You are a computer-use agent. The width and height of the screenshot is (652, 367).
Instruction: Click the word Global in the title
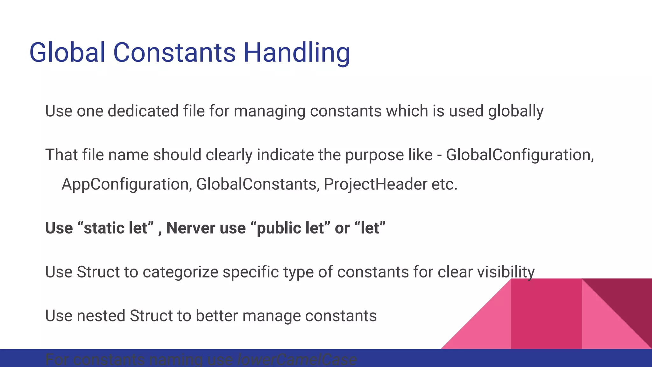(x=67, y=53)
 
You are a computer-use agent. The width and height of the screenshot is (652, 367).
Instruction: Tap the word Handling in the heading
(x=297, y=53)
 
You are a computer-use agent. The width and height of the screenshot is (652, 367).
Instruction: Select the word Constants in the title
(x=174, y=53)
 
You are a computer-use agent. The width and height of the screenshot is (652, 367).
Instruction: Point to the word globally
(x=516, y=112)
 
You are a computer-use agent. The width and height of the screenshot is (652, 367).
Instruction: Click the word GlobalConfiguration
(x=520, y=155)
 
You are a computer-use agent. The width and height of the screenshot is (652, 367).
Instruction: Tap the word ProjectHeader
(x=375, y=184)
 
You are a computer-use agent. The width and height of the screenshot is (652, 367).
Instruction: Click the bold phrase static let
(x=116, y=228)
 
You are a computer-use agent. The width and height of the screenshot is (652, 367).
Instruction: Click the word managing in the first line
(x=269, y=112)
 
